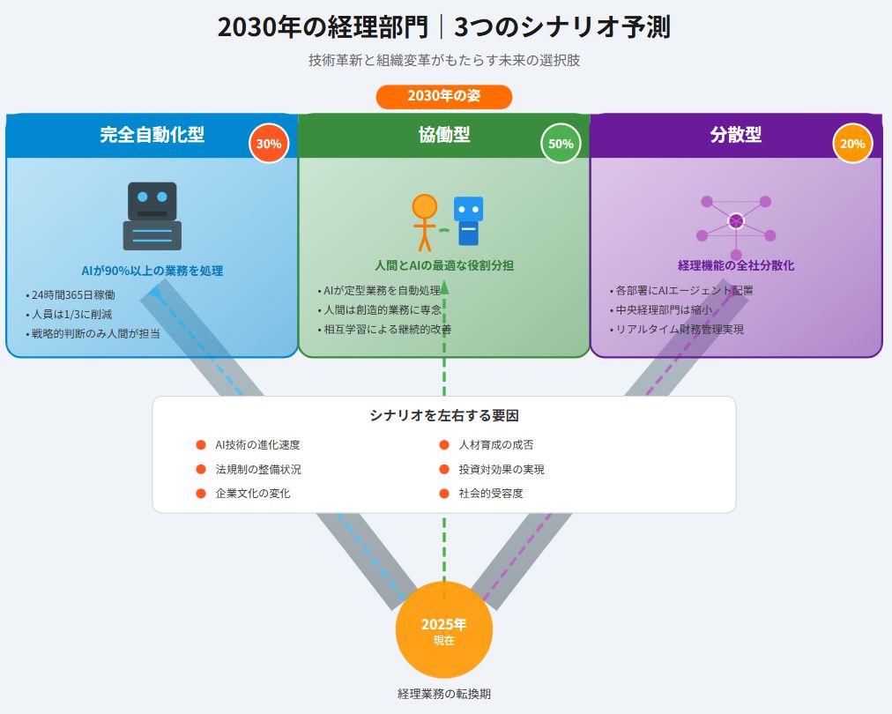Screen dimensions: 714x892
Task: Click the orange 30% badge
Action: [x=269, y=144]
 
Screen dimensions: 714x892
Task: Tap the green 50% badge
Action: [x=561, y=144]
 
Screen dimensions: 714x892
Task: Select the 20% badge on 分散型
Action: [x=852, y=144]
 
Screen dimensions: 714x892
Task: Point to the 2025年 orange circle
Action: [x=443, y=630]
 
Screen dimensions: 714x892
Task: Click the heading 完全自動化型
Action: [x=152, y=135]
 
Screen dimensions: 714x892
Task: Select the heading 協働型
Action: [x=443, y=135]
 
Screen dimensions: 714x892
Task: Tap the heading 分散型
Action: [x=735, y=135]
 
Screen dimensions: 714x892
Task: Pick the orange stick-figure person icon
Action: [x=424, y=221]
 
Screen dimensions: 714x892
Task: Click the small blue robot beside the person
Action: [x=468, y=220]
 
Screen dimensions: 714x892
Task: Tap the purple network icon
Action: [x=735, y=222]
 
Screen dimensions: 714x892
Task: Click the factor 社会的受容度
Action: [x=491, y=493]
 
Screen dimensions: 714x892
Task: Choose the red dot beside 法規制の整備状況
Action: [x=201, y=469]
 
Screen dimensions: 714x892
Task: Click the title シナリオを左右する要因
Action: [x=443, y=416]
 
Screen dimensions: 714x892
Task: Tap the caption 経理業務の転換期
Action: [x=443, y=694]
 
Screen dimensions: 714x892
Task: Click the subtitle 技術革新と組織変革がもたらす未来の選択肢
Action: [x=443, y=60]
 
